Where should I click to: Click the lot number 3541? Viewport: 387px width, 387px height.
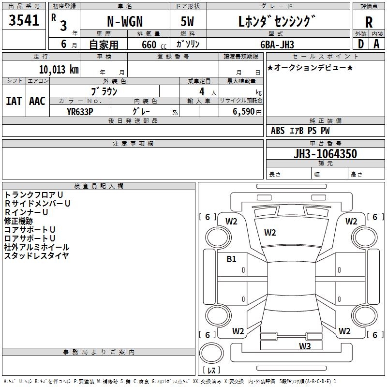[x=24, y=20]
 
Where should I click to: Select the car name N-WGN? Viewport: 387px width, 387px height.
[x=125, y=21]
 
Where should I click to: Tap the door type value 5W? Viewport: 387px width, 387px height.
[x=187, y=21]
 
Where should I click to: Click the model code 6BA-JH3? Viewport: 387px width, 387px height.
[x=277, y=45]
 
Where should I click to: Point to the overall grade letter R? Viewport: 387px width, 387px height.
[x=369, y=22]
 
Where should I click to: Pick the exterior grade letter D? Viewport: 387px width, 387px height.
[x=361, y=44]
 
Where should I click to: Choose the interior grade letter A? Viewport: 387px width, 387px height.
[x=376, y=44]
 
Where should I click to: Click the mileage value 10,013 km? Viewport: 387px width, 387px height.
[x=59, y=70]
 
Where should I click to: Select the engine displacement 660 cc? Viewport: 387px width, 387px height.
[x=154, y=45]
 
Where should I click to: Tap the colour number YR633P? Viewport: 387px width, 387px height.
[x=80, y=112]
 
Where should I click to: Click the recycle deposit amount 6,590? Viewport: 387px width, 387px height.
[x=243, y=112]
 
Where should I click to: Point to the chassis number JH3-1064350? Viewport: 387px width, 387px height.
[x=325, y=154]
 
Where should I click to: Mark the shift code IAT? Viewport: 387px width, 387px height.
[x=14, y=101]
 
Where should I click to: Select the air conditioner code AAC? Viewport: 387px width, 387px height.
[x=37, y=101]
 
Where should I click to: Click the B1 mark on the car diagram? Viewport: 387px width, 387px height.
[x=231, y=259]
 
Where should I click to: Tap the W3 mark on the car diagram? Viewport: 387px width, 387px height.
[x=305, y=346]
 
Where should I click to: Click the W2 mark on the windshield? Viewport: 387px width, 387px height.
[x=270, y=233]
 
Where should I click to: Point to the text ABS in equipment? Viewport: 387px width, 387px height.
[x=278, y=131]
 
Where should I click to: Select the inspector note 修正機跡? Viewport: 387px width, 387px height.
[x=18, y=221]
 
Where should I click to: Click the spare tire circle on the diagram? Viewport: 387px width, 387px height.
[x=211, y=353]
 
